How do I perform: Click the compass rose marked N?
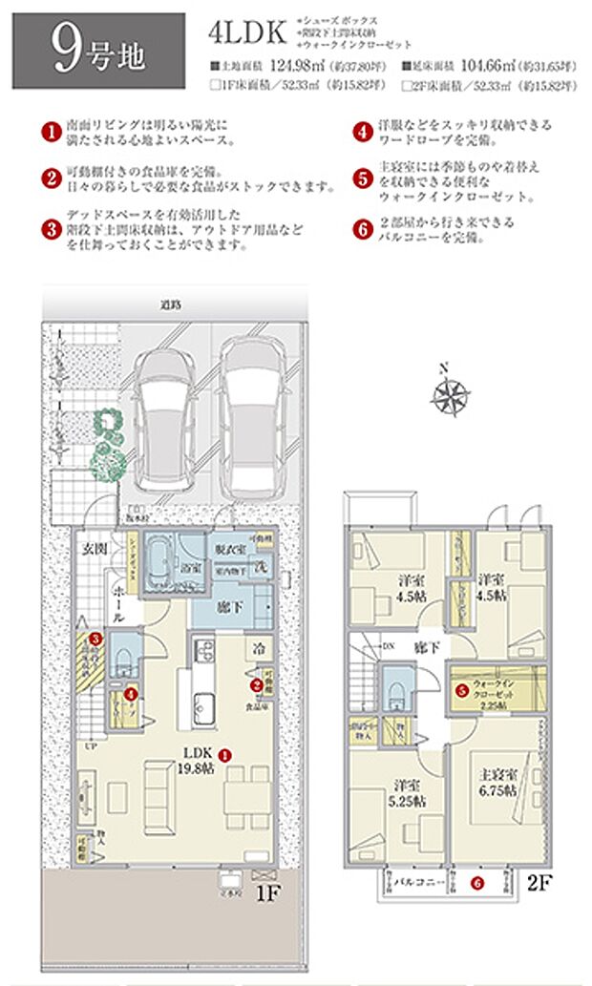tap(449, 393)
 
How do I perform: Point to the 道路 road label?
tap(171, 304)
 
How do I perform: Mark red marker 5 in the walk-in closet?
tap(461, 689)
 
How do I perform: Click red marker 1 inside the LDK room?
tap(224, 755)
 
